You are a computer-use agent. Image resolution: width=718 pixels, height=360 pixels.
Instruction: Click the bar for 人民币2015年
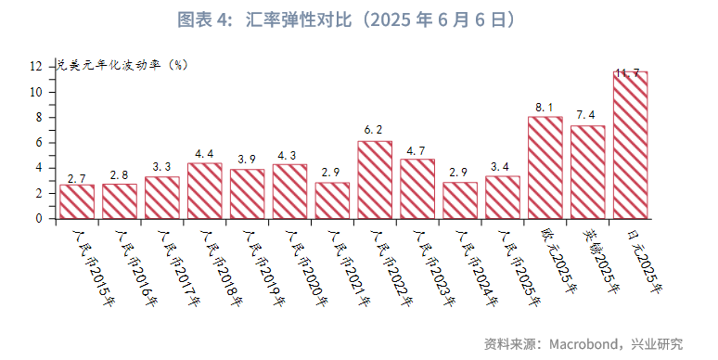(77, 201)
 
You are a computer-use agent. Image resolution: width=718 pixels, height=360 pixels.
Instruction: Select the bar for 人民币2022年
(375, 180)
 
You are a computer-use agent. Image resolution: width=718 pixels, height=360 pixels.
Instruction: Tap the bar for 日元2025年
(630, 145)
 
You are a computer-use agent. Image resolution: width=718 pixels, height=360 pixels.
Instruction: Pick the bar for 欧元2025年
(545, 168)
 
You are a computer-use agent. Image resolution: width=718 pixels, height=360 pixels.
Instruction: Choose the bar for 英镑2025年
(587, 172)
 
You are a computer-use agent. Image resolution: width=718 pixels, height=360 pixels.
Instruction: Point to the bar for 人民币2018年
(205, 191)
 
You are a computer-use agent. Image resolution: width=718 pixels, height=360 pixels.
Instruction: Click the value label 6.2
(374, 130)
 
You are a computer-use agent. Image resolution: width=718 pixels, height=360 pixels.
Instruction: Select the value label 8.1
(545, 107)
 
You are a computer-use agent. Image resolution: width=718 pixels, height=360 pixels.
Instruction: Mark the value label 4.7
(417, 149)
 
